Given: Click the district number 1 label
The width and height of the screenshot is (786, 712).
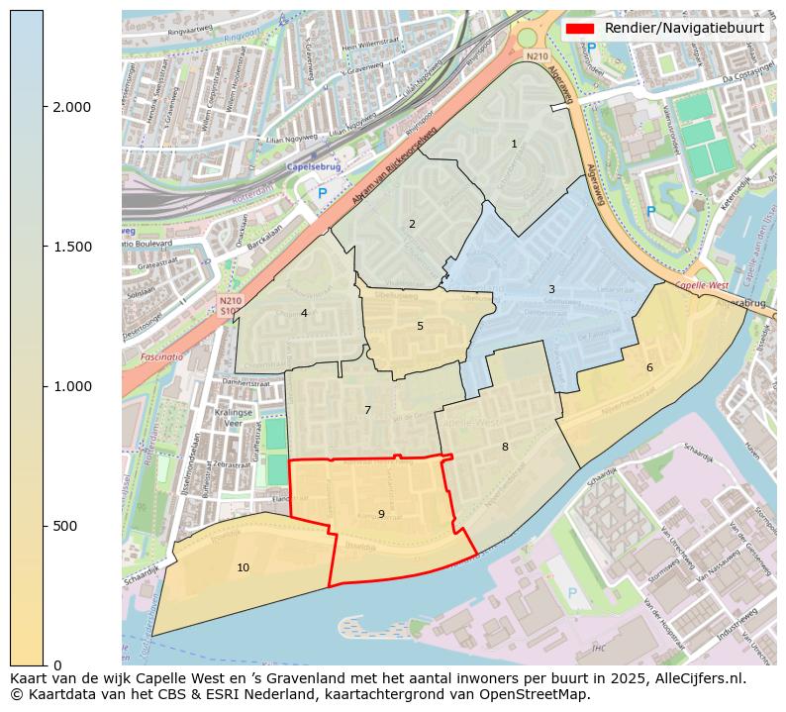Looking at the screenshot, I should point(514,144).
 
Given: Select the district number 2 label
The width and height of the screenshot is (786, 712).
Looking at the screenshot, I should point(412,224).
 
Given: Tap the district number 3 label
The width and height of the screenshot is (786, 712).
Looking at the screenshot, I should point(551,289).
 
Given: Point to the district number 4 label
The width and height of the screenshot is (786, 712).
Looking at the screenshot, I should point(304,313).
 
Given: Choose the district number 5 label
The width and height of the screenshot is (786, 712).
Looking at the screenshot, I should point(420,326).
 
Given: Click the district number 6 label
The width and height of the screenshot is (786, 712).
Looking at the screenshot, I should point(649,367).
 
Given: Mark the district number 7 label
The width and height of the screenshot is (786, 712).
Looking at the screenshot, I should point(367,410).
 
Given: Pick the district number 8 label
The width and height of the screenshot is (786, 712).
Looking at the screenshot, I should point(505,447).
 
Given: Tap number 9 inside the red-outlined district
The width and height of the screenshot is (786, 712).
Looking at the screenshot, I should point(381,514).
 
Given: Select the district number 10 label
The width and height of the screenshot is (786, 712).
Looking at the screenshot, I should point(243,567).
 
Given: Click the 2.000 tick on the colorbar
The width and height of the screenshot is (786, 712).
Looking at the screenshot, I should point(71,107).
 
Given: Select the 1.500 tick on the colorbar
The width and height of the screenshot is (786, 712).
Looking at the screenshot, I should point(71,247).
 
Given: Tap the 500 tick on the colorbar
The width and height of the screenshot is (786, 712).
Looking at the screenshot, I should point(63,526).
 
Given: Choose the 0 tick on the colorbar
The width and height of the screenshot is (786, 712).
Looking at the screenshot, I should point(56,664).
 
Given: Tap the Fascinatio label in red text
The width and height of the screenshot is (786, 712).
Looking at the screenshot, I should point(160,356).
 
